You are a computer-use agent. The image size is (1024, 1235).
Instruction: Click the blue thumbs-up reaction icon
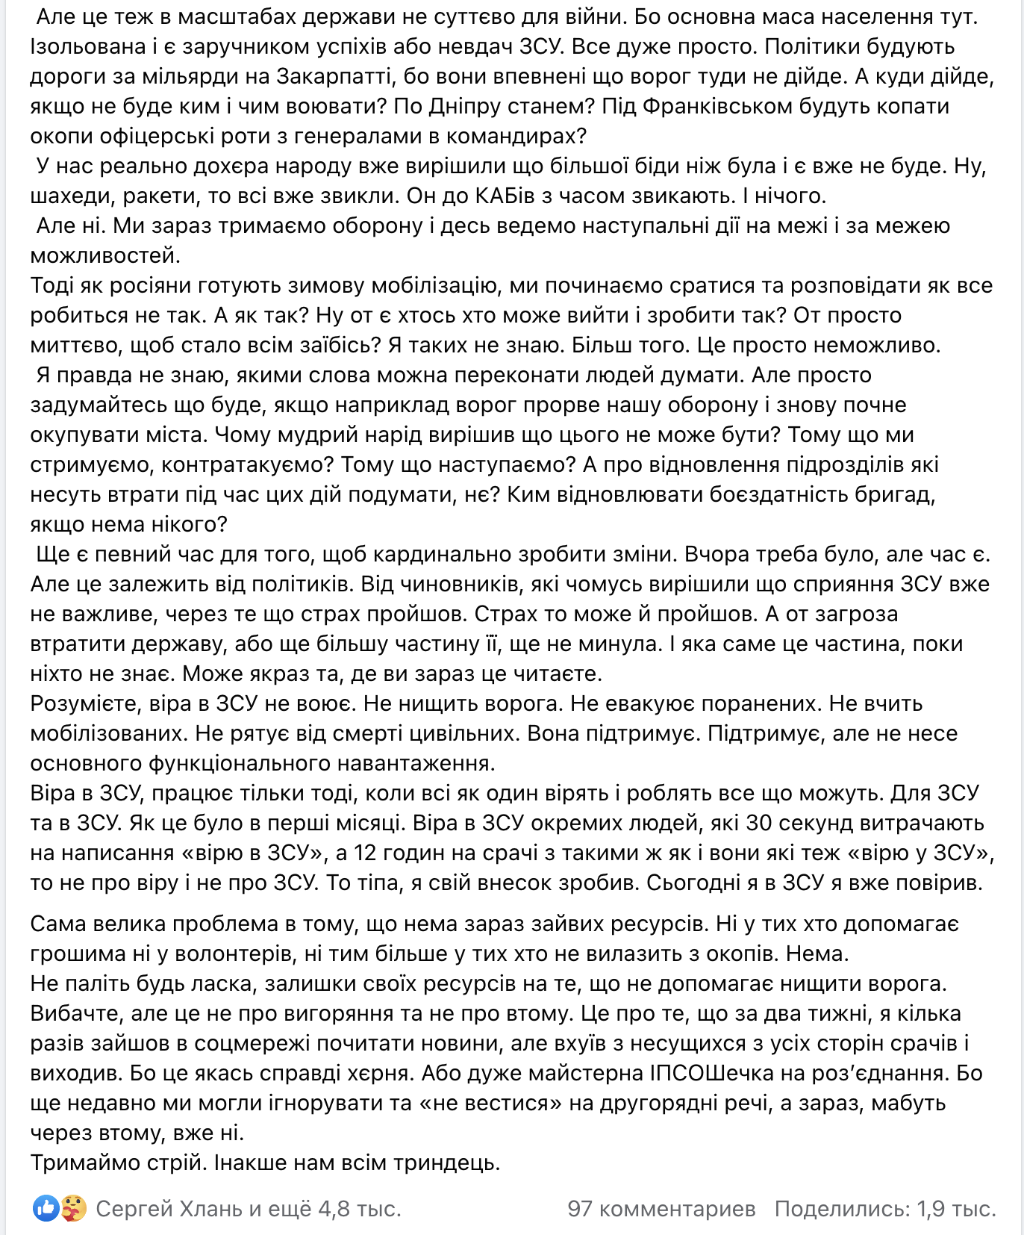click(x=46, y=1208)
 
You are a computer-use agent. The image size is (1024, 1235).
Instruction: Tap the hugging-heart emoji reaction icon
click(x=73, y=1208)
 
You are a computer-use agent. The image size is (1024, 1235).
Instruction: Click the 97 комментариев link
click(x=661, y=1208)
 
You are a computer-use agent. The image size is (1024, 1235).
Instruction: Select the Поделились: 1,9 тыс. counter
click(x=885, y=1208)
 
